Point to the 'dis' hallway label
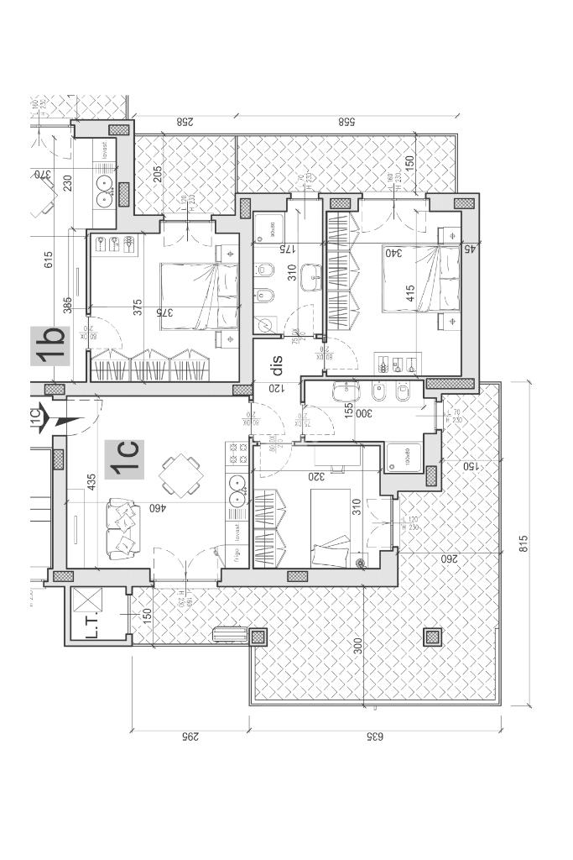pos(277,365)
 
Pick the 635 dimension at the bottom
pos(374,737)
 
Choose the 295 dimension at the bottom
pos(190,737)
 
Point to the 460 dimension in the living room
pos(155,508)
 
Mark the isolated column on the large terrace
pos(433,637)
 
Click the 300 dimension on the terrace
pos(358,647)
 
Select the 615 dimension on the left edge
pos(49,260)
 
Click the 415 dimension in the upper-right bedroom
pos(409,294)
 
